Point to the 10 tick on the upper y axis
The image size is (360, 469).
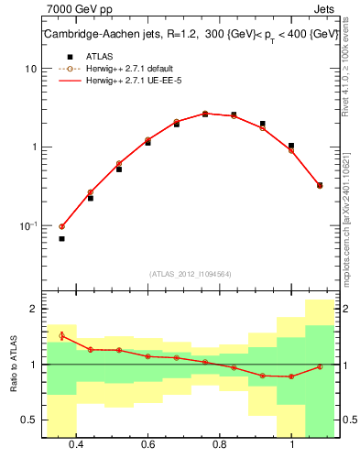coord(31,70)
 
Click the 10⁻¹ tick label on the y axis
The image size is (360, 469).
coord(28,225)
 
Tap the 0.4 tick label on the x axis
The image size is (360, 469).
coord(76,444)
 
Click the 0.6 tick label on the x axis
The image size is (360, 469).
coord(147,444)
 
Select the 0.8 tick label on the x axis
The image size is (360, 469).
coord(220,444)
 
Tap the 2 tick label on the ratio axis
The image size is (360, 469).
coord(33,309)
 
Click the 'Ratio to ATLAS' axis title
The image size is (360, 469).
coord(12,364)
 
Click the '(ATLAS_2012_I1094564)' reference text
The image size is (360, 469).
coord(190,274)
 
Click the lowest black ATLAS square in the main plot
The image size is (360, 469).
coord(61,238)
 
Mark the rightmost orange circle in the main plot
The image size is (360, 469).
coord(319,185)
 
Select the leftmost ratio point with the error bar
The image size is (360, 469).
coord(61,336)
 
